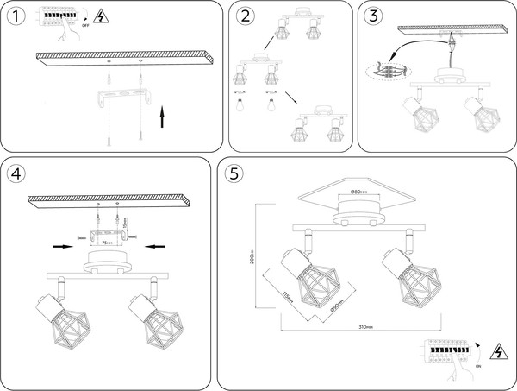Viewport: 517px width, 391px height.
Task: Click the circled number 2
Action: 246,17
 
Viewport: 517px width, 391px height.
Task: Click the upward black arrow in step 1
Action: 163,115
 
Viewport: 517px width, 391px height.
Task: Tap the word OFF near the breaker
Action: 84,25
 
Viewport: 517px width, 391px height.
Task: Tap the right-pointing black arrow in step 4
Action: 63,247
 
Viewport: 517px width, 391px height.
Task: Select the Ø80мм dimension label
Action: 359,192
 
